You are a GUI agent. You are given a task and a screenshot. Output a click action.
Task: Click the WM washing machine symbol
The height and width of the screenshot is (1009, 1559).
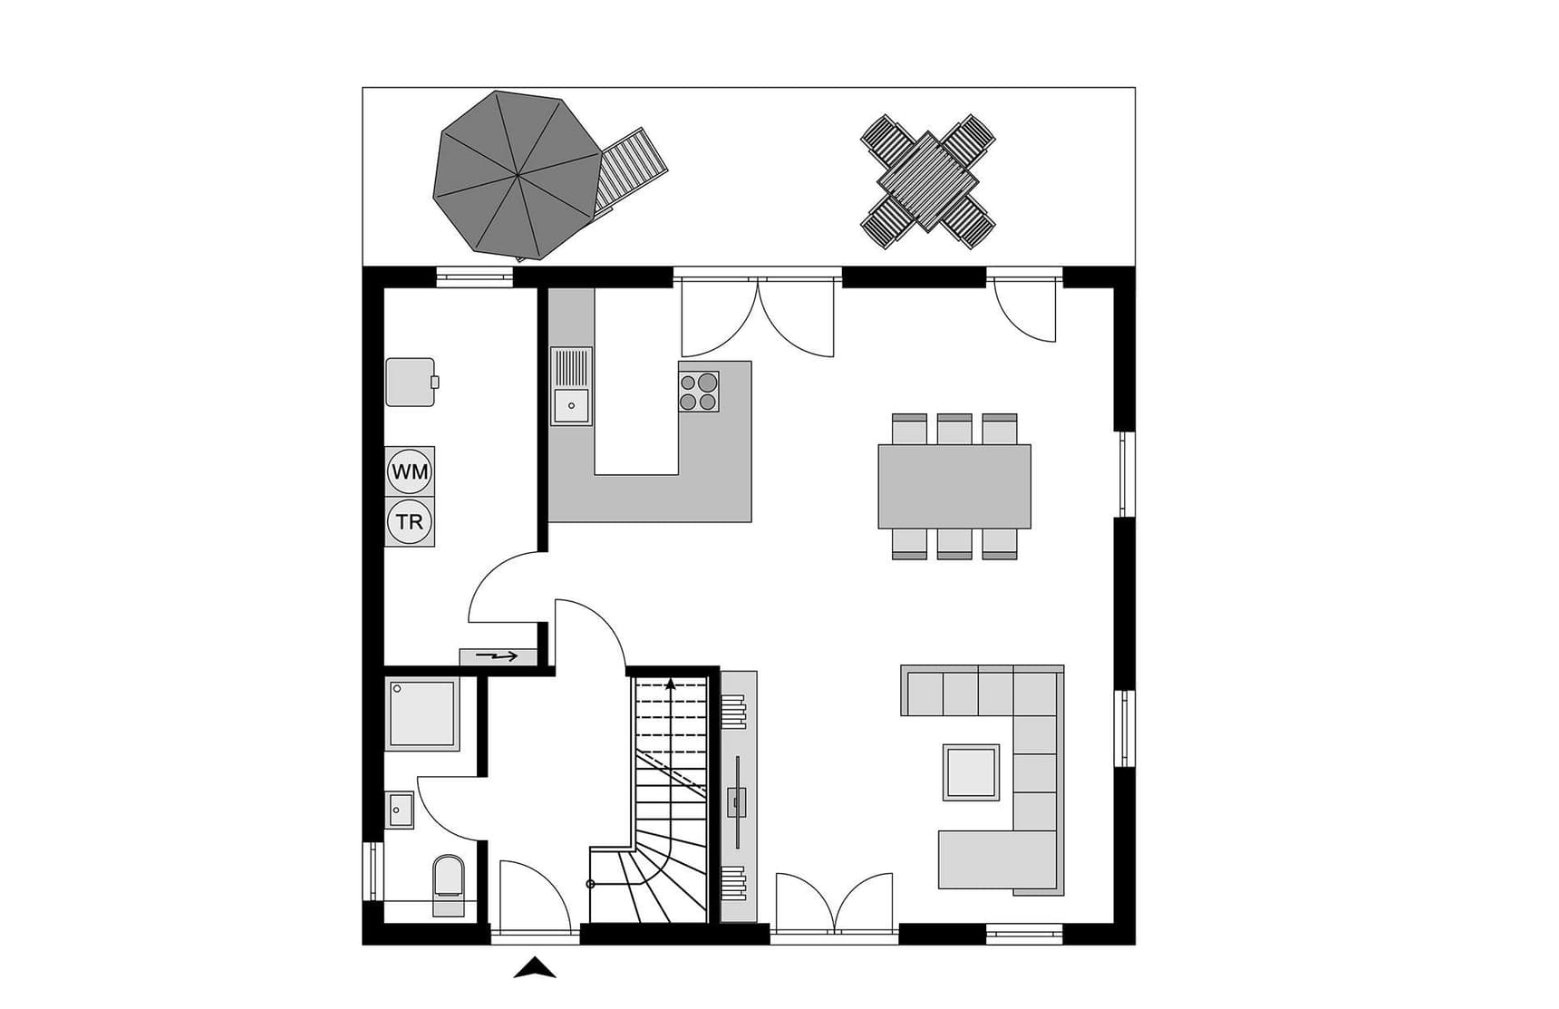410,471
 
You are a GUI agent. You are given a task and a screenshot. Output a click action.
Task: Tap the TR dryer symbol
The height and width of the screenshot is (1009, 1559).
410,522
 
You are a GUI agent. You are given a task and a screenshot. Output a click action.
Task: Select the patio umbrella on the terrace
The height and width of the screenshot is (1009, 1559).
518,175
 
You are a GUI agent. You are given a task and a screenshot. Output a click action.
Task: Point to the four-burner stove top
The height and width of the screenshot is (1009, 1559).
699,392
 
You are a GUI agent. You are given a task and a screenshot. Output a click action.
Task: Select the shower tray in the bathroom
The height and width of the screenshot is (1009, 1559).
422,713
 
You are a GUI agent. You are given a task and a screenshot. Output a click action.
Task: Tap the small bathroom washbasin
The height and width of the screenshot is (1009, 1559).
400,810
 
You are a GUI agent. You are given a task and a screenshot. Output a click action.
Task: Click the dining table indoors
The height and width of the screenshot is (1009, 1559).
954,486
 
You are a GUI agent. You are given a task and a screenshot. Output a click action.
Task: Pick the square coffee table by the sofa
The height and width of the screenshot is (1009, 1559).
971,772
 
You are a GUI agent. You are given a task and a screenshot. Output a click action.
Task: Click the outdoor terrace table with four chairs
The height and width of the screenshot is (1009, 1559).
928,181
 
